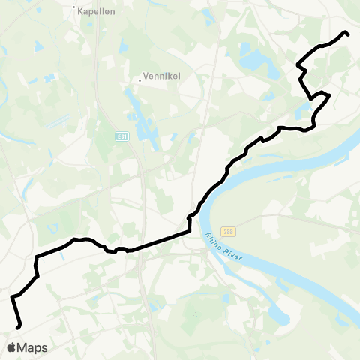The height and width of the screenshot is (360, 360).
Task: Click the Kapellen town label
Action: click(94, 13)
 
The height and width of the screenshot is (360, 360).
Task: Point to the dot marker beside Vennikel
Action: click(140, 76)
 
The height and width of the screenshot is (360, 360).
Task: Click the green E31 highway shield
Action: click(121, 136)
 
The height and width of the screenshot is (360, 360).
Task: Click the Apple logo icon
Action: click(12, 347)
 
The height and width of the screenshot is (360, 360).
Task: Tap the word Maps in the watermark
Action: click(33, 347)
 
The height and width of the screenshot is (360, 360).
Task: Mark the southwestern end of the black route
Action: click(18, 326)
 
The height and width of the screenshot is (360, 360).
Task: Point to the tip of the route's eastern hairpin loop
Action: click(328, 94)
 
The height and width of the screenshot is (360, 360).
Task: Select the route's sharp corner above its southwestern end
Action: click(12, 298)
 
